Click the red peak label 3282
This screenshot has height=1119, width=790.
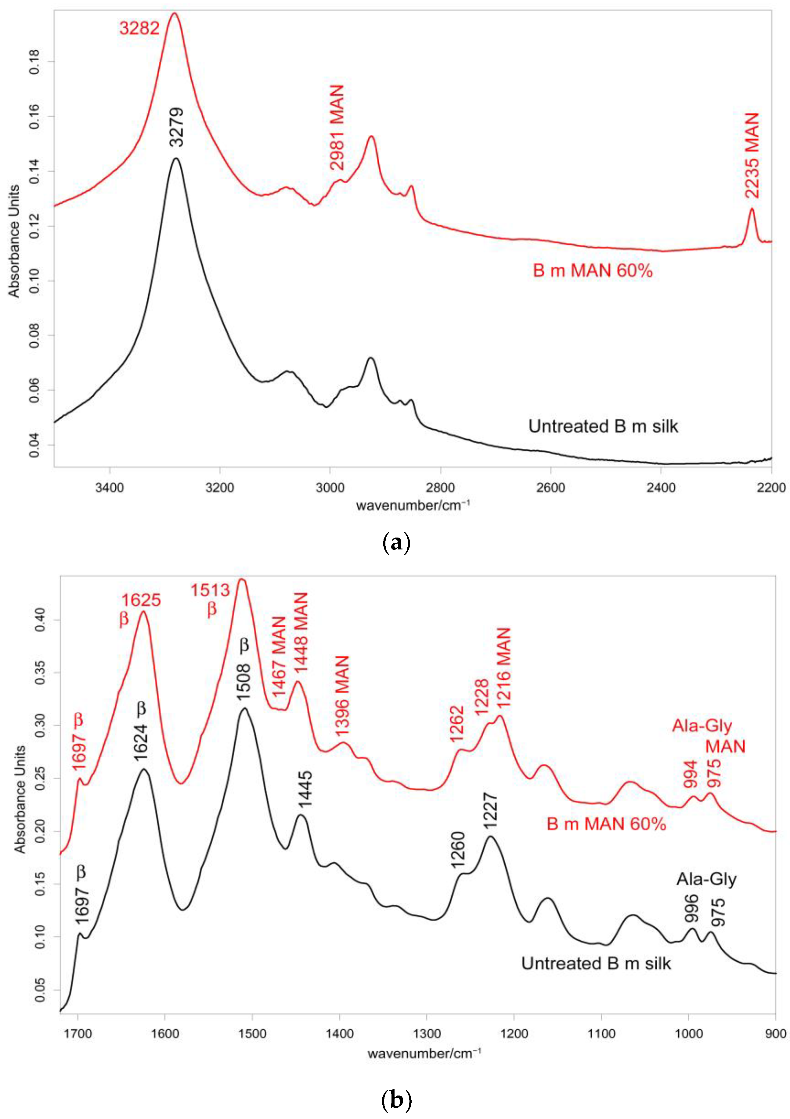[139, 29]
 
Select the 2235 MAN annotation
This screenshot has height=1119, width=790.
[752, 155]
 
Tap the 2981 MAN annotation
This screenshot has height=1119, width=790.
[337, 128]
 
